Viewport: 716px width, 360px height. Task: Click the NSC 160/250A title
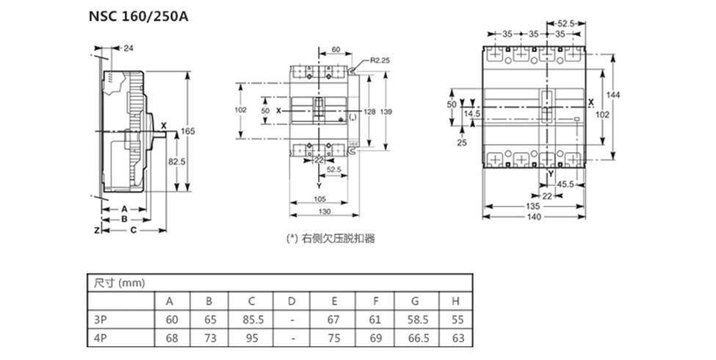click(139, 16)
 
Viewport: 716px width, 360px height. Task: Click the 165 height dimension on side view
click(188, 131)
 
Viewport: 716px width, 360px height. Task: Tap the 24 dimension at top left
click(129, 48)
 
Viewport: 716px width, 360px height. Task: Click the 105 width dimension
click(319, 199)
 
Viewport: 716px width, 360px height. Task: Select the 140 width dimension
click(534, 217)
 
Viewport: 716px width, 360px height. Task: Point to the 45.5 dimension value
click(565, 184)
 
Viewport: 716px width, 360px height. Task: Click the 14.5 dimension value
click(471, 114)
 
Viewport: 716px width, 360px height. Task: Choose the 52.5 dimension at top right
click(566, 23)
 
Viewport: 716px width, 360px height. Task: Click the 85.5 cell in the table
click(251, 320)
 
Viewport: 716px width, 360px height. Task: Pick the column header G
click(415, 301)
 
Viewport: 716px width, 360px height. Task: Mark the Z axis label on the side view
click(96, 230)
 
